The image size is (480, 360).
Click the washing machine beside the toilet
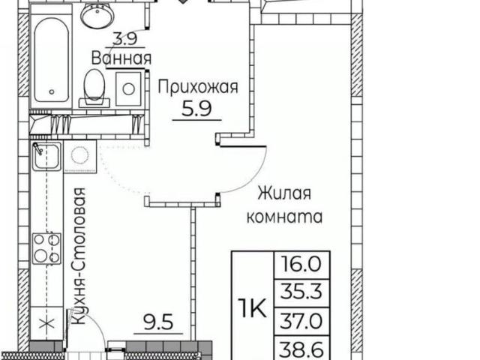point(129,89)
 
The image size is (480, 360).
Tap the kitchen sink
point(46,156)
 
